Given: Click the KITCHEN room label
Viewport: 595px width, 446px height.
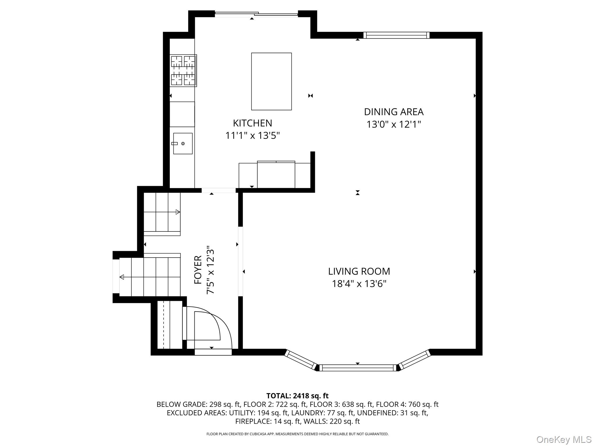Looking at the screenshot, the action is (252, 123).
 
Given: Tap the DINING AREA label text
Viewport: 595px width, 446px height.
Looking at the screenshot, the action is (394, 112).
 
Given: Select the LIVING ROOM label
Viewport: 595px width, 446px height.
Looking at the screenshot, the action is (359, 271).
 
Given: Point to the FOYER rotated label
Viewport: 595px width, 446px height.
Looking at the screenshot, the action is (198, 270).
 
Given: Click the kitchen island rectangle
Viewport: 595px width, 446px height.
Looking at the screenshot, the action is (271, 81).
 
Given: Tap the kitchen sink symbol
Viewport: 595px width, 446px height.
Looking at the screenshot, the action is (183, 143).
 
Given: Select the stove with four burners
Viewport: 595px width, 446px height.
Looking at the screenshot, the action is (183, 71).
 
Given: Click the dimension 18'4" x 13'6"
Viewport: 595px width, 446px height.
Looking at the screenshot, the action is (359, 284).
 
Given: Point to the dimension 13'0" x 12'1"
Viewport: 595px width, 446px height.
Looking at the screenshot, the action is (394, 125).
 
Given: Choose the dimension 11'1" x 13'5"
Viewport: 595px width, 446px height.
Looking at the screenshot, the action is (252, 136).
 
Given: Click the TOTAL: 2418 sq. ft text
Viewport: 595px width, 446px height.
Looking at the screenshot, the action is (297, 396).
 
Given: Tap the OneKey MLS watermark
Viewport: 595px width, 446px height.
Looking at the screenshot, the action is (564, 440).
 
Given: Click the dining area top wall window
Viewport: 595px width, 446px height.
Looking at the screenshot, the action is (396, 35).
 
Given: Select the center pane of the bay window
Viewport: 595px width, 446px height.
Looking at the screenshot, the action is (358, 368).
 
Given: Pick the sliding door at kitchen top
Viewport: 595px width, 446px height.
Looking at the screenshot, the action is (256, 14).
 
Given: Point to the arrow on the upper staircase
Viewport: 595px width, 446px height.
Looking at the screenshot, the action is (178, 212).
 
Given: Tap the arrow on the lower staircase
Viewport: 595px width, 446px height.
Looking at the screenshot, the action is (122, 277).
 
